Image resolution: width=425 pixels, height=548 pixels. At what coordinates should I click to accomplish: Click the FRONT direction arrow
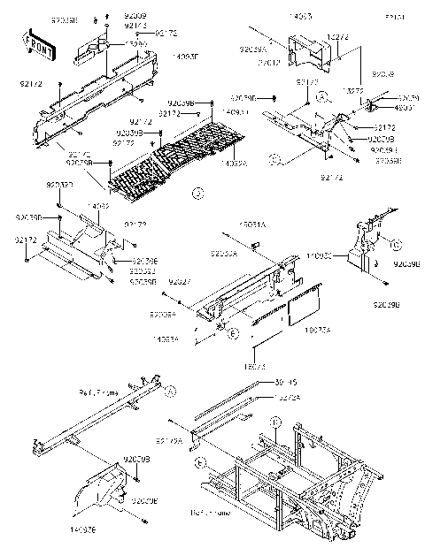[38, 44]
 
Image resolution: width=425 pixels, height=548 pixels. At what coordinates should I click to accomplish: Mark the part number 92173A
[169, 439]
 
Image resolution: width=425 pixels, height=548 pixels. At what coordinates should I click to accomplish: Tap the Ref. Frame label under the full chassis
[211, 512]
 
